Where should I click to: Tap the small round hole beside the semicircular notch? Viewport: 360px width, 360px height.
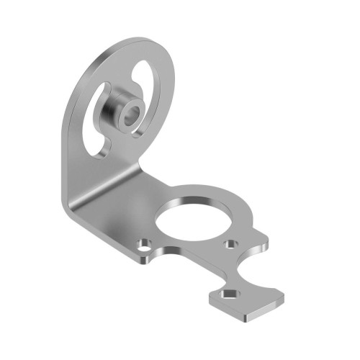[231, 245]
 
